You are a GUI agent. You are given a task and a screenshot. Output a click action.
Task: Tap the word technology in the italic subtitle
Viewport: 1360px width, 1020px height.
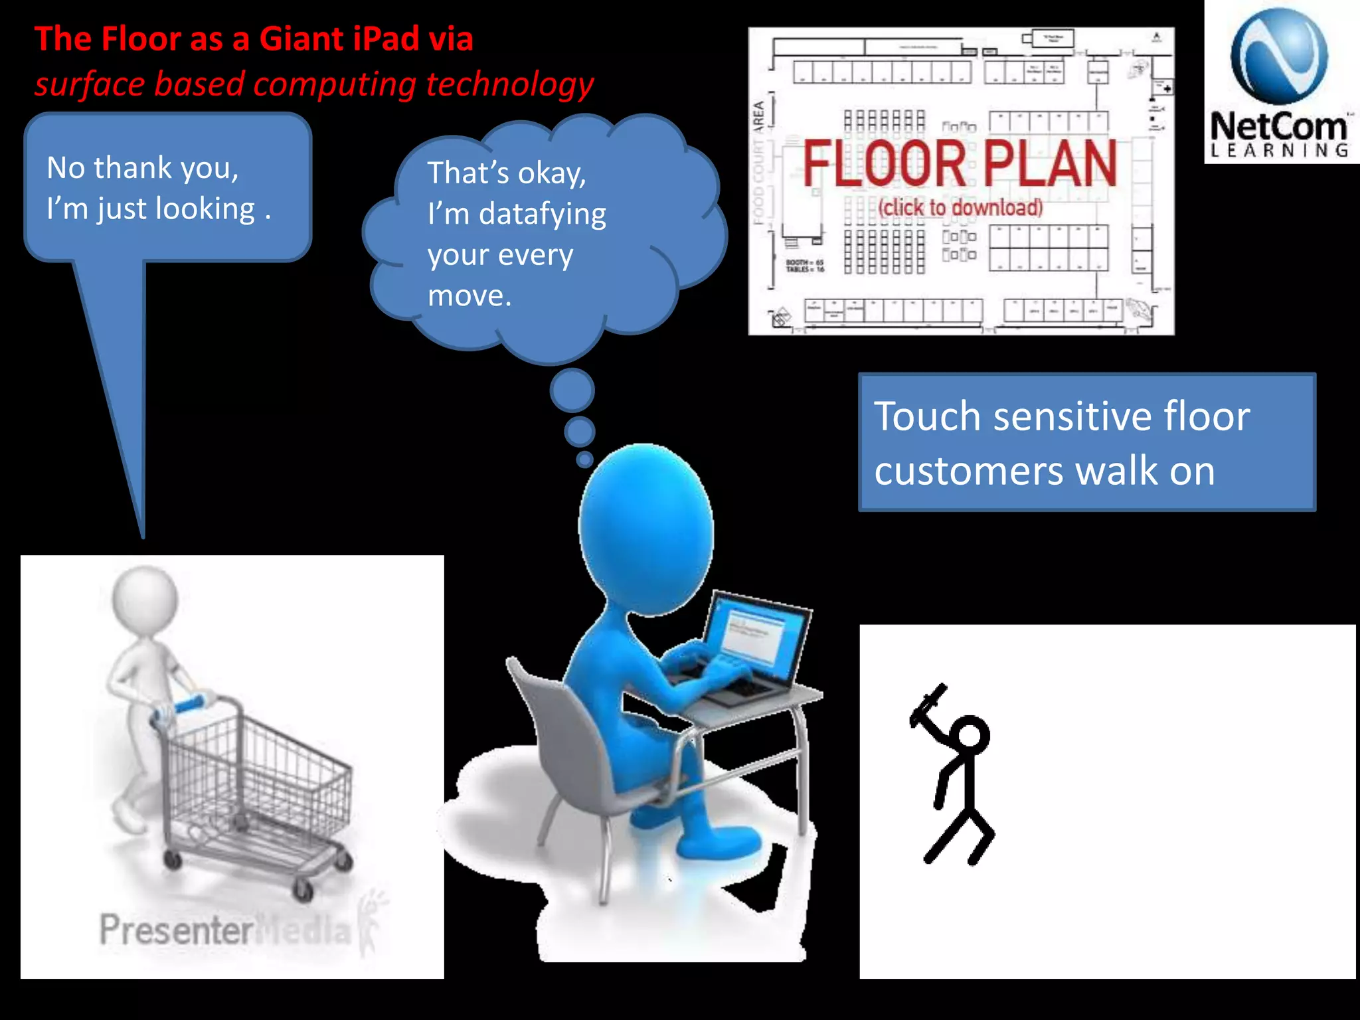coord(509,85)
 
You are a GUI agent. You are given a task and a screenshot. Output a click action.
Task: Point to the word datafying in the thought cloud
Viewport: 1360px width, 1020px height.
coord(542,214)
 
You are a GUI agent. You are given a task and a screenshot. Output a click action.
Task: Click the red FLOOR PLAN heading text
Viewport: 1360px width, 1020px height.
coord(960,163)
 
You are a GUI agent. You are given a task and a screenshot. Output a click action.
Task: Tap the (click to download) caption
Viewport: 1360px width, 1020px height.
coord(960,208)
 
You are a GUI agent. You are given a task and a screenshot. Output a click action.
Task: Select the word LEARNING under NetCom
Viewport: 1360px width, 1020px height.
coord(1279,150)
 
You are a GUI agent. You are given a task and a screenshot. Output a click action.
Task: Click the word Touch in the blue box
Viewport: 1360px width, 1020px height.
coord(927,417)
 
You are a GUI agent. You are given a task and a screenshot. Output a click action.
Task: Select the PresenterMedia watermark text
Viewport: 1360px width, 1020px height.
coord(226,930)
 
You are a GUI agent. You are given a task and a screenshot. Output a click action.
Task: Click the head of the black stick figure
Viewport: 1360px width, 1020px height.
coord(970,736)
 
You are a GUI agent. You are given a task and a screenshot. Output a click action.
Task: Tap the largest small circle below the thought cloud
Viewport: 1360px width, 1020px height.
coord(572,390)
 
